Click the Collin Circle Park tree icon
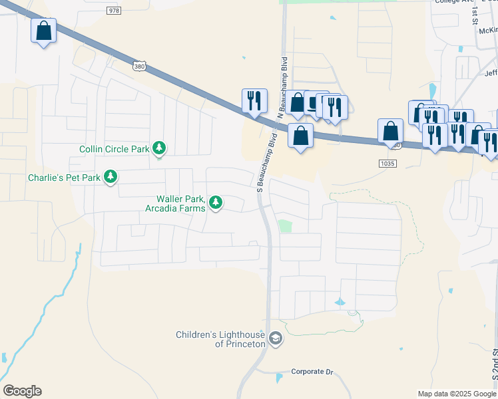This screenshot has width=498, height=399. [x=159, y=148]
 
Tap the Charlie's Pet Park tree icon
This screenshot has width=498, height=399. [x=111, y=177]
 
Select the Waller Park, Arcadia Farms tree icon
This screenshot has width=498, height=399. [x=216, y=202]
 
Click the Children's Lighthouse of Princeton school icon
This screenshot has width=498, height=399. [x=275, y=340]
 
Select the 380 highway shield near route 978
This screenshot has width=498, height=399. [x=138, y=66]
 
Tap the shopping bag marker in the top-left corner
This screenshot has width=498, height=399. [x=43, y=31]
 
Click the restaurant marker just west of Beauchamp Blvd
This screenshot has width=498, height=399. [x=254, y=101]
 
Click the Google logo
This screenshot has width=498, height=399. [x=22, y=391]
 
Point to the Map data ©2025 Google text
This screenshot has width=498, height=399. [x=456, y=394]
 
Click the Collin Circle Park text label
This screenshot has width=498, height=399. [x=114, y=149]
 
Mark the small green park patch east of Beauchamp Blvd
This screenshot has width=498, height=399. [x=285, y=226]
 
